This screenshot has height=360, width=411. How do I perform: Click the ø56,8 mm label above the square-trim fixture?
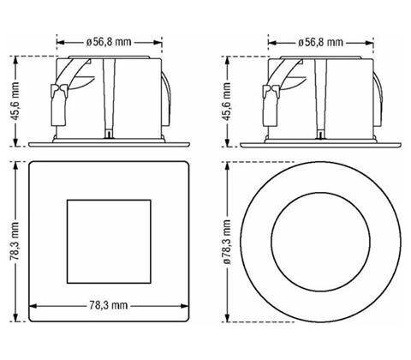tap(109, 42)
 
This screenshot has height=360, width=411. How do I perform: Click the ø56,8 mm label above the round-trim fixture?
tap(320, 43)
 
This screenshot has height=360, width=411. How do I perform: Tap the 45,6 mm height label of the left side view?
tap(15, 101)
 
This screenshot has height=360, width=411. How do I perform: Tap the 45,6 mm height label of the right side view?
tap(227, 101)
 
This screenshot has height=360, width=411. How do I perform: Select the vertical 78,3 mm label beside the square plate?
tap(15, 241)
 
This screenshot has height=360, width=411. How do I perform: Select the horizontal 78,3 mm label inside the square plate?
tap(109, 305)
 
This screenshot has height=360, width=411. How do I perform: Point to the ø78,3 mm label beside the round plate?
tap(227, 242)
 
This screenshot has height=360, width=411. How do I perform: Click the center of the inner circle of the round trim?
tap(320, 242)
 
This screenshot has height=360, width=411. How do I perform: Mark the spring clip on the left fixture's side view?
tap(58, 105)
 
